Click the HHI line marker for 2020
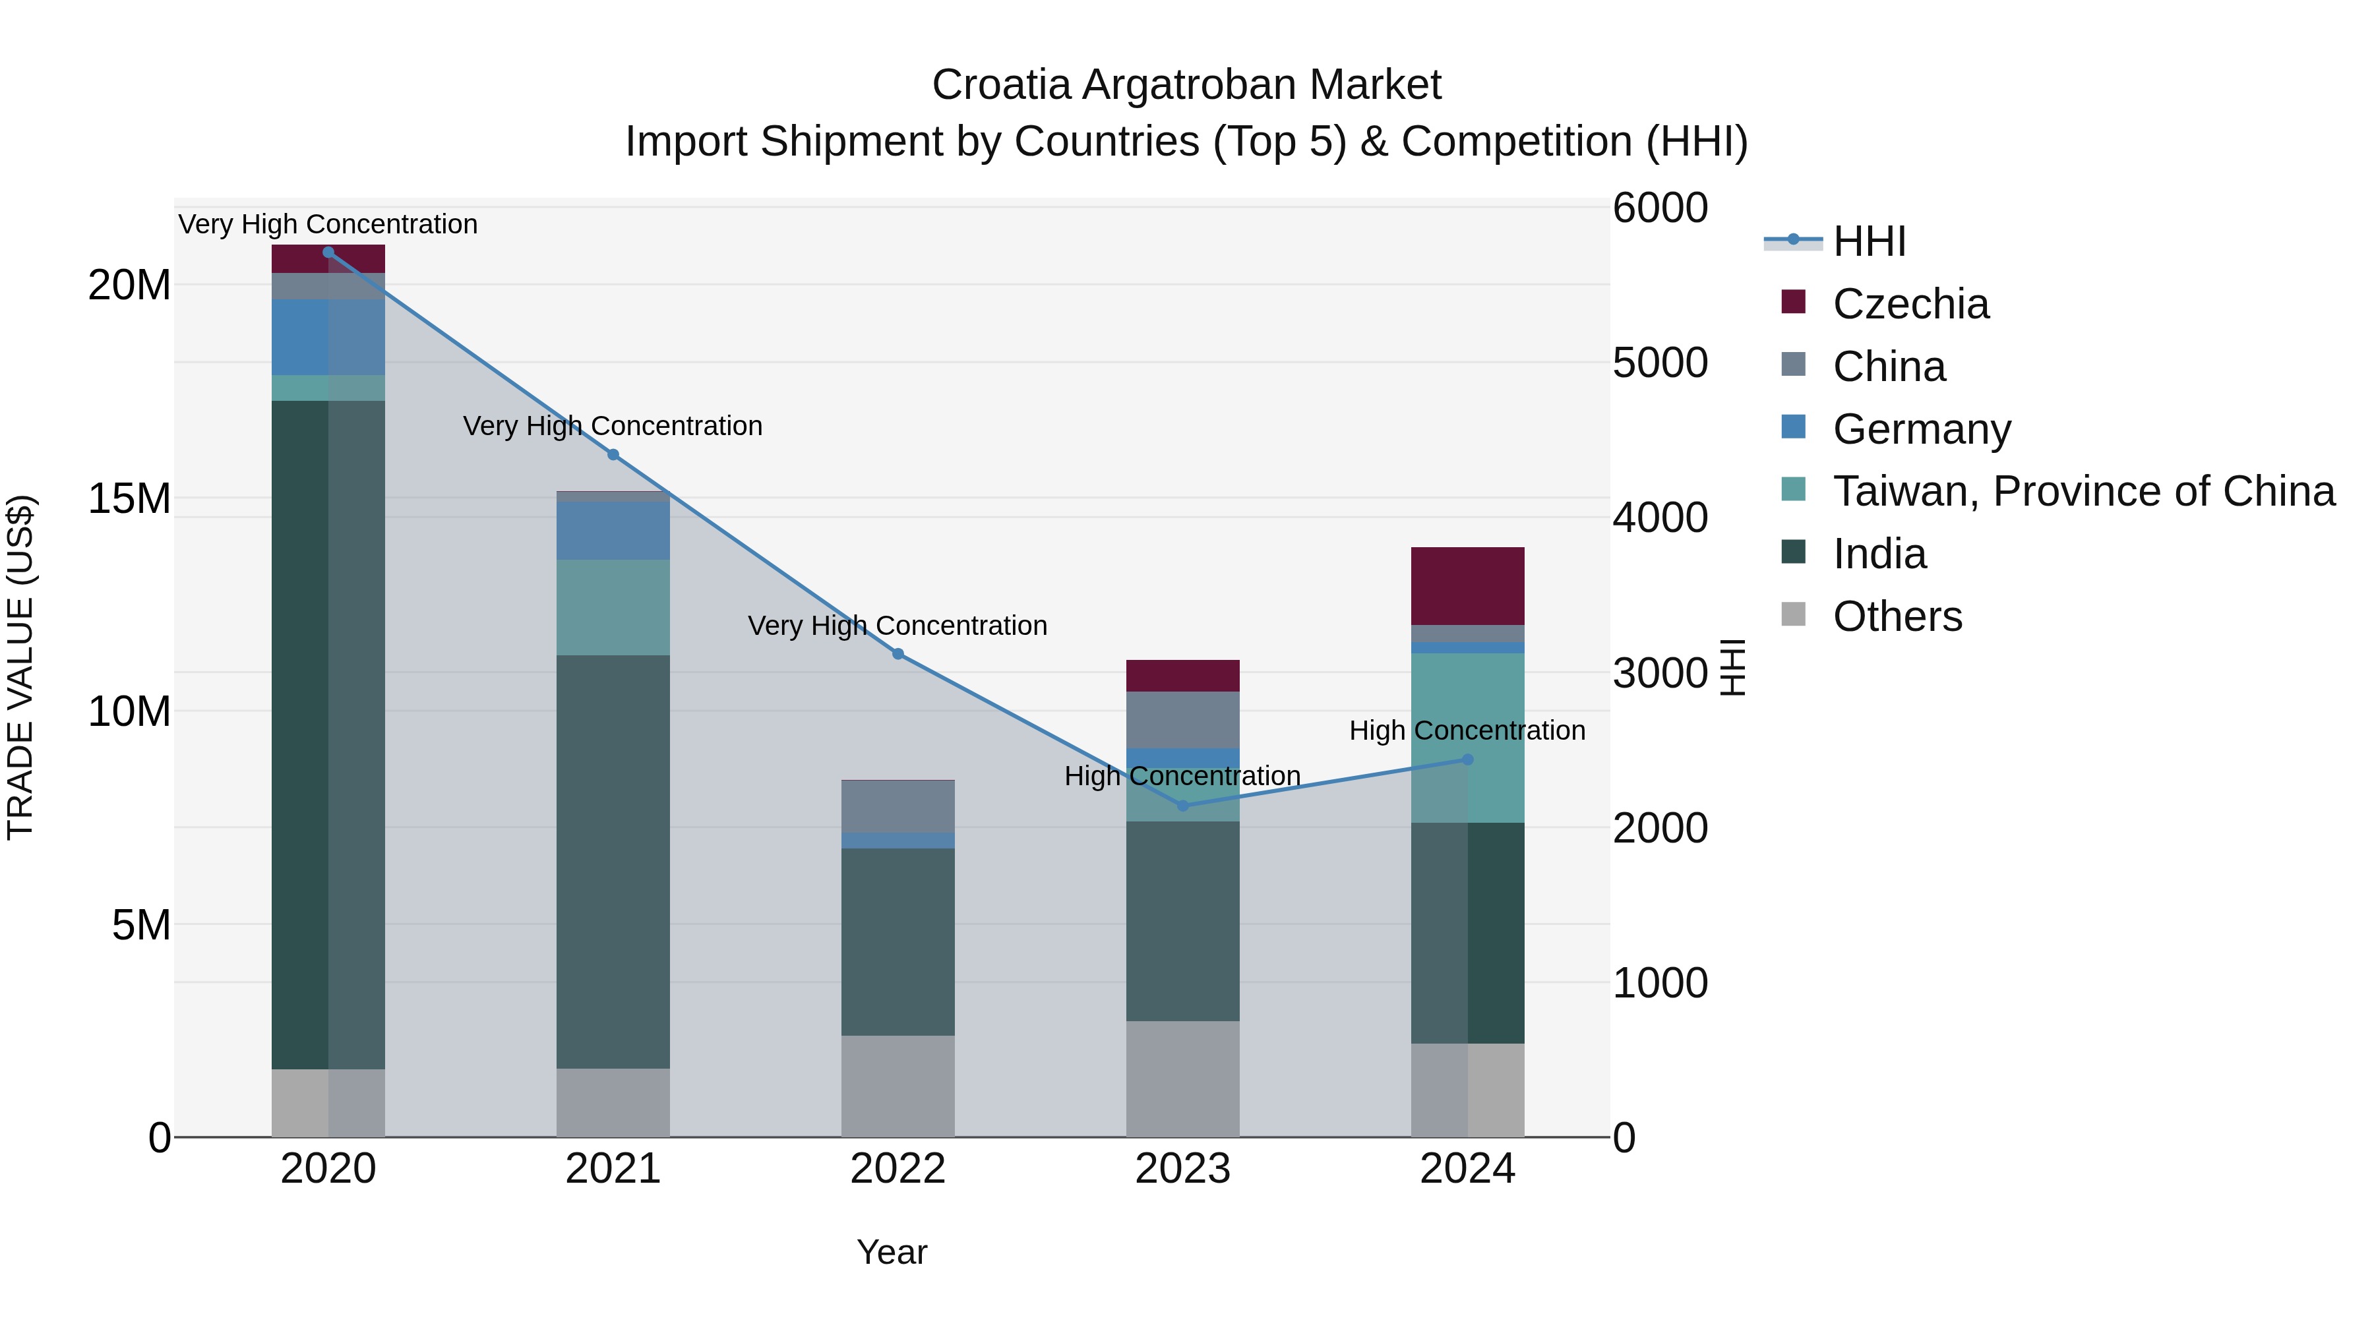tap(328, 252)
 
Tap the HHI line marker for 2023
tap(1183, 806)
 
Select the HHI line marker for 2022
tap(899, 654)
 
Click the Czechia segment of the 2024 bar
tap(1467, 586)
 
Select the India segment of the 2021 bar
tap(613, 862)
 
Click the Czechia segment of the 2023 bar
tap(1182, 675)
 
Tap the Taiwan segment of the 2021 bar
tap(613, 607)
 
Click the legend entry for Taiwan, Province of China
tap(2083, 491)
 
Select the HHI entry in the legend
tap(1868, 241)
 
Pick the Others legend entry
tap(1897, 616)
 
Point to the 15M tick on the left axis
tap(129, 498)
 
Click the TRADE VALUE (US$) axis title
tap(20, 667)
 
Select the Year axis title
tap(891, 1252)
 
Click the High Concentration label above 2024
tap(1467, 730)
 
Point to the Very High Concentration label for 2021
tap(613, 426)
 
